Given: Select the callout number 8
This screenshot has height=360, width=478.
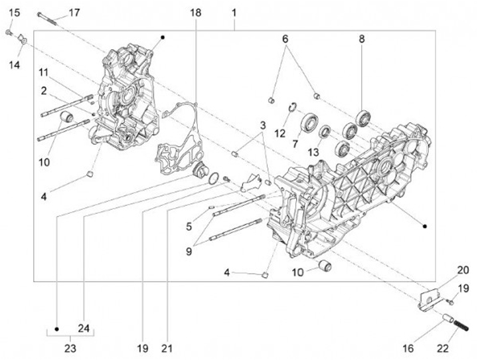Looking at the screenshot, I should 362,39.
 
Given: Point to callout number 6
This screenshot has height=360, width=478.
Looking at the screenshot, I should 285,39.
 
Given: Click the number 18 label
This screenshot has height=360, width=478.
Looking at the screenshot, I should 195,13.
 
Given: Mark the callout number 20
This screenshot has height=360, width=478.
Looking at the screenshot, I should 443,269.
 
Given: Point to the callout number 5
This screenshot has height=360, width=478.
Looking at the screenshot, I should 189,226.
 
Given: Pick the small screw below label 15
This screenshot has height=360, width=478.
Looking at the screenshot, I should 9,32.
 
